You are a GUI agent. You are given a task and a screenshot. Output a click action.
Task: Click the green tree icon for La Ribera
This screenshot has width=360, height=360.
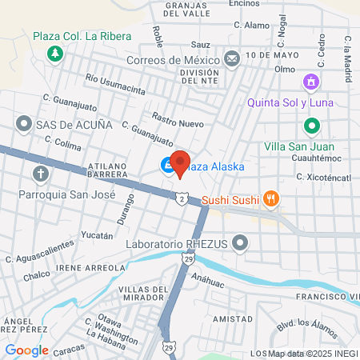pyautogui.click(x=55, y=54)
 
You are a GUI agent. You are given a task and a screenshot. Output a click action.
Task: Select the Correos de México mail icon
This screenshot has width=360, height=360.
pyautogui.click(x=231, y=58)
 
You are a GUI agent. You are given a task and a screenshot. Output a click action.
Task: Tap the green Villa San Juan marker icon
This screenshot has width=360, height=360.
pyautogui.click(x=311, y=126)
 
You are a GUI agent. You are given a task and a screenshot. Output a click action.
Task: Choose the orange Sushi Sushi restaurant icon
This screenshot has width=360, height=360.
pyautogui.click(x=272, y=199)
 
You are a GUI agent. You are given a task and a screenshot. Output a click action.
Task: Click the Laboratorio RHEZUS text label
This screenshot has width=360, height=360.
pyautogui.click(x=177, y=243)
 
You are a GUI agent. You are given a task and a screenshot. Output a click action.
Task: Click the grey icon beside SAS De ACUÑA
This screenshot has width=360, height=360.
pyautogui.click(x=22, y=125)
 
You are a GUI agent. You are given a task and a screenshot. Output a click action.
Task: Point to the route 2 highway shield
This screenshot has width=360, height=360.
pyautogui.click(x=183, y=198)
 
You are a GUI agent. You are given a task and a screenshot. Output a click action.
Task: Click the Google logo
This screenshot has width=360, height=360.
pyautogui.click(x=26, y=350)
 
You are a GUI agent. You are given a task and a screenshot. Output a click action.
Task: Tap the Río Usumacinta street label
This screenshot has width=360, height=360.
pyautogui.click(x=116, y=85)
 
